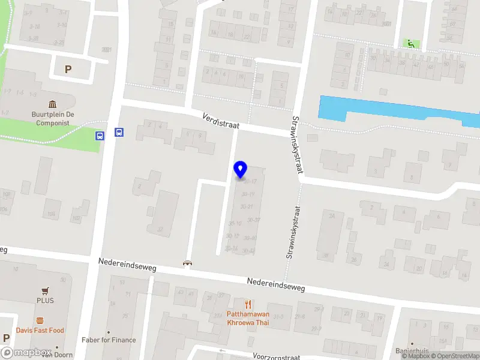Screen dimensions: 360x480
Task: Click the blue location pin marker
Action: pyautogui.click(x=241, y=169)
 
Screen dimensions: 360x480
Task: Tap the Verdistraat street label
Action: pyautogui.click(x=221, y=121)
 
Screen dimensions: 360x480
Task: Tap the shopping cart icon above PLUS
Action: pyautogui.click(x=45, y=290)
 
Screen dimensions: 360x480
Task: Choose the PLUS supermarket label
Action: pyautogui.click(x=45, y=301)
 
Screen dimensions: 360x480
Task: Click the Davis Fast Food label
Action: pyautogui.click(x=40, y=331)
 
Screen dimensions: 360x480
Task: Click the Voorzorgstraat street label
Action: pyautogui.click(x=276, y=356)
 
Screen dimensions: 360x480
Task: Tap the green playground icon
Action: pyautogui.click(x=410, y=43)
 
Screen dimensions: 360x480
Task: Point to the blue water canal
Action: pyautogui.click(x=390, y=111)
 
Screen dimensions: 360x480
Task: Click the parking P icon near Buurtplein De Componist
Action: pyautogui.click(x=68, y=69)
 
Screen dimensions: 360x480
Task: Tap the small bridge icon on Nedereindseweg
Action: pyautogui.click(x=188, y=263)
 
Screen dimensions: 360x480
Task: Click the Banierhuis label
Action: pyautogui.click(x=412, y=351)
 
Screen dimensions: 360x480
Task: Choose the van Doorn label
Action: pyautogui.click(x=61, y=355)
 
